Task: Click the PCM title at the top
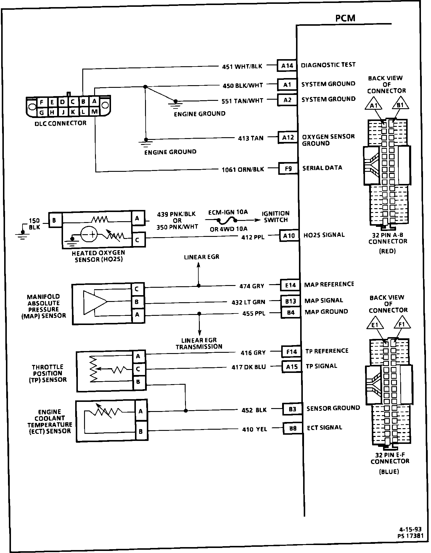point(345,18)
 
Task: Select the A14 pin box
point(287,66)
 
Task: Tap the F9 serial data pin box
point(288,169)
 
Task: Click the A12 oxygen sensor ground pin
point(288,138)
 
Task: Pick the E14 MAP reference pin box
point(290,285)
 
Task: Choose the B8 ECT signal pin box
point(292,428)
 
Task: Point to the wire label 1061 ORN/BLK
point(243,169)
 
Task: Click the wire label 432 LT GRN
point(248,302)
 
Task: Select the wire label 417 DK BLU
point(249,367)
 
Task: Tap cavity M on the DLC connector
point(94,112)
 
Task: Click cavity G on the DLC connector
point(42,112)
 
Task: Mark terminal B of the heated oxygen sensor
point(54,220)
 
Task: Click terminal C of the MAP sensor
point(137,289)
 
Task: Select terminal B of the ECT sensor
point(141,431)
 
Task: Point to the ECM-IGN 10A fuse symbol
point(227,220)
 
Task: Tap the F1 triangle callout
point(402,325)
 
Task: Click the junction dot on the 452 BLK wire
point(186,410)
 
